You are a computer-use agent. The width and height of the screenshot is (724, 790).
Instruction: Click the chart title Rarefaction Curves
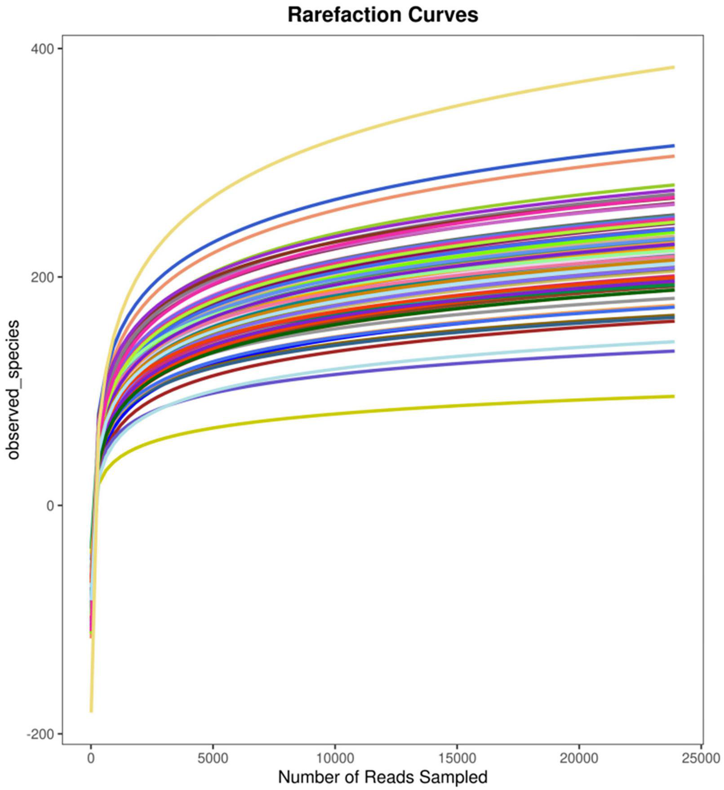point(382,15)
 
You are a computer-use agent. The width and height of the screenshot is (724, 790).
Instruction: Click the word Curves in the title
point(443,15)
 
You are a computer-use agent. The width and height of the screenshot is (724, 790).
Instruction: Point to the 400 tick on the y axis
point(40,49)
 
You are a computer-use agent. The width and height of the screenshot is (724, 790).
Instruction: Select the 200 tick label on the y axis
point(40,277)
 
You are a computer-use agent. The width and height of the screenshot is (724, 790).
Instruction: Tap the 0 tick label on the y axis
point(49,506)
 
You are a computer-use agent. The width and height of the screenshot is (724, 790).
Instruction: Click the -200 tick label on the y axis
point(39,734)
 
